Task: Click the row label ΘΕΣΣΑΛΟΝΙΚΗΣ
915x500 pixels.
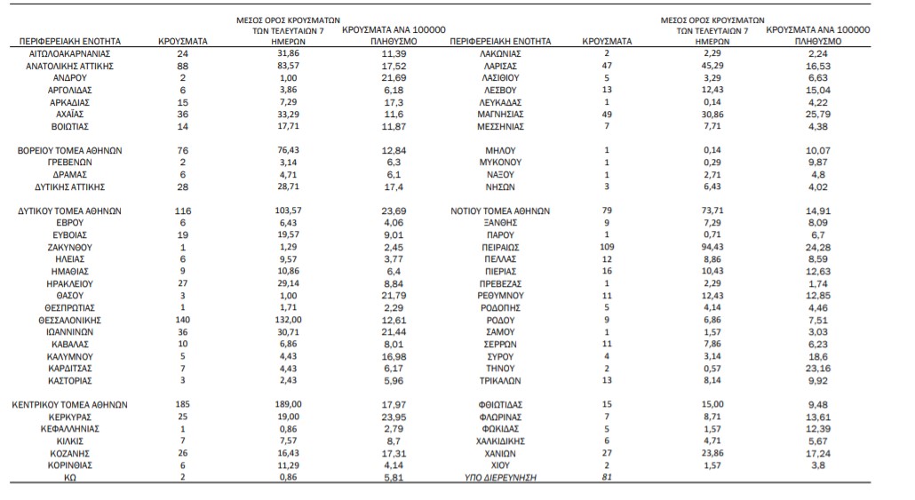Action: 69,321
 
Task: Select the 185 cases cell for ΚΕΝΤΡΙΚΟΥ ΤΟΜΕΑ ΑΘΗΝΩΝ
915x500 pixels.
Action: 183,404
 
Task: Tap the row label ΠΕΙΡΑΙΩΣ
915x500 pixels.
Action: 500,248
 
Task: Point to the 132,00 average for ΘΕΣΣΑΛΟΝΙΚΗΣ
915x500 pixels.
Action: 289,321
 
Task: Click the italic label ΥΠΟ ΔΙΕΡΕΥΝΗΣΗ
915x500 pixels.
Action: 500,478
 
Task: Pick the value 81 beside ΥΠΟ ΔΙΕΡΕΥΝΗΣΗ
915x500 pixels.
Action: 607,477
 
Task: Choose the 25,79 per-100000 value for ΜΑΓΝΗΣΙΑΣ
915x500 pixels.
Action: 817,115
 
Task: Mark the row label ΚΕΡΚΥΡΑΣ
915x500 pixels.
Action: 69,417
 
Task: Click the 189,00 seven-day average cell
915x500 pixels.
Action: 289,404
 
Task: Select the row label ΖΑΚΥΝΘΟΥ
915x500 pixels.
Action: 69,248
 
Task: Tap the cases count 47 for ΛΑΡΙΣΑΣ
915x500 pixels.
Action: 607,66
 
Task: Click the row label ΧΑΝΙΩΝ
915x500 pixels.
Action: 500,453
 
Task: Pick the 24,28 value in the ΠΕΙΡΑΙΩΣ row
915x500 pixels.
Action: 817,248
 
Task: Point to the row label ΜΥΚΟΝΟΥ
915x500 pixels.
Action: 500,163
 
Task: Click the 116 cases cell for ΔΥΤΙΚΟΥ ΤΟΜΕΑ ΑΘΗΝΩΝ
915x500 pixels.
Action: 183,210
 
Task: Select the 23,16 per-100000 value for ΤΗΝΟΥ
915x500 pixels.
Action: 817,369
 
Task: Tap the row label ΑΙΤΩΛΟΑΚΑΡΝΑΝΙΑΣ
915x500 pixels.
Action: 69,53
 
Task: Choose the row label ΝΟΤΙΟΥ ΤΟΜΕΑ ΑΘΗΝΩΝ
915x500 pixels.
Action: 500,211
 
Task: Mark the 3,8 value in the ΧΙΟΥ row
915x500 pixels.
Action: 817,465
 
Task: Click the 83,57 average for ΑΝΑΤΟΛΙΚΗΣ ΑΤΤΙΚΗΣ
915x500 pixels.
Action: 289,66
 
